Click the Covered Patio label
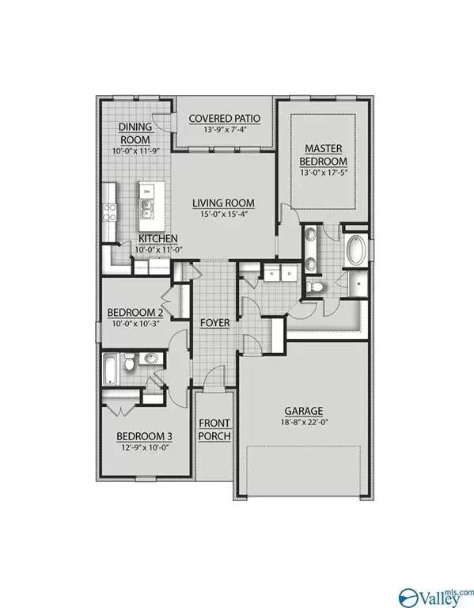pyautogui.click(x=225, y=120)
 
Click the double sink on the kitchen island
pyautogui.click(x=147, y=209)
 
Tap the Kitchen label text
pyautogui.click(x=158, y=239)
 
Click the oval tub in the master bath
pyautogui.click(x=356, y=253)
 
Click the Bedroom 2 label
pyautogui.click(x=134, y=312)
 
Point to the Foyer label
pyautogui.click(x=214, y=323)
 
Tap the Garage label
pyautogui.click(x=304, y=411)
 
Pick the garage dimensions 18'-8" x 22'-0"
pyautogui.click(x=304, y=424)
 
